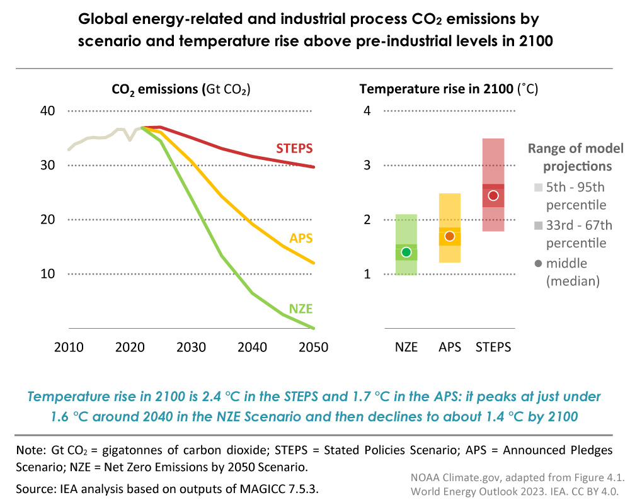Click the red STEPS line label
click(295, 149)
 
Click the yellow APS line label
click(301, 239)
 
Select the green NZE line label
click(301, 309)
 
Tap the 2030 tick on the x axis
click(191, 348)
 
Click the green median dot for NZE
click(406, 253)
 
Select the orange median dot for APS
click(450, 236)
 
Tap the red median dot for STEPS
click(493, 196)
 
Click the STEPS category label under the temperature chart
click(493, 348)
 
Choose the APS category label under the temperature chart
click(450, 348)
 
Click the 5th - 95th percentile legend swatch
click(537, 187)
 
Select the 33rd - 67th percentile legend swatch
click(537, 225)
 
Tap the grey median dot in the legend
click(537, 263)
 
